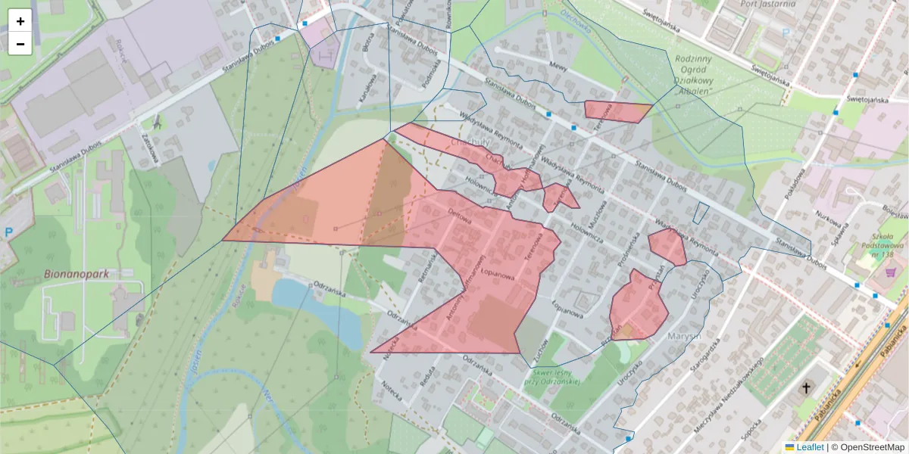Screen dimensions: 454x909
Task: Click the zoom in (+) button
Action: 20,21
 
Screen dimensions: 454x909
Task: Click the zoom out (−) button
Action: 20,44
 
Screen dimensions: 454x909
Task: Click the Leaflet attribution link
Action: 810,447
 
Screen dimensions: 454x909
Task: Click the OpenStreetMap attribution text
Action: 872,447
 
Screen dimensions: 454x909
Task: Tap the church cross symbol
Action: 807,389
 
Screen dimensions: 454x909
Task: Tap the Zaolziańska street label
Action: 148,145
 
